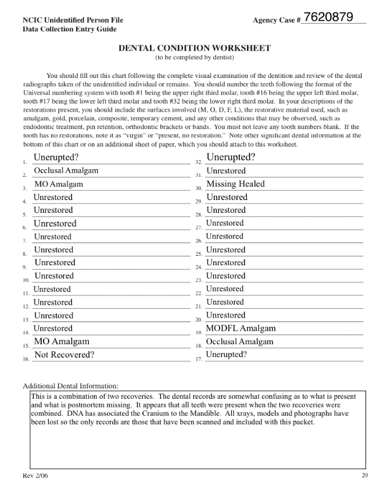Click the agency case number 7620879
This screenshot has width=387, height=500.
328,17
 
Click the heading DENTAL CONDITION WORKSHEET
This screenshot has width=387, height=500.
194,48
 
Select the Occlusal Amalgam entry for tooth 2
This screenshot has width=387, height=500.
66,171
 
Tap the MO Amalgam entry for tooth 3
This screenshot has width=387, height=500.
58,184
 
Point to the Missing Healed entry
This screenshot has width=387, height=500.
235,184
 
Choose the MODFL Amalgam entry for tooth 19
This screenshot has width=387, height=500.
241,328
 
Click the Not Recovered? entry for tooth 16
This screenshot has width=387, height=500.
64,355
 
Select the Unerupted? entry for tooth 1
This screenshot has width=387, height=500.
56,158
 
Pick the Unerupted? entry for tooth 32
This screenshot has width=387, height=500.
231,157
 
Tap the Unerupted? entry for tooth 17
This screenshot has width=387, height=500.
226,355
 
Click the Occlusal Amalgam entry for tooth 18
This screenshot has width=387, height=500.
239,342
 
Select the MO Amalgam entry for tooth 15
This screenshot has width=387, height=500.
62,342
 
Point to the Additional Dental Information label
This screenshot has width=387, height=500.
70,386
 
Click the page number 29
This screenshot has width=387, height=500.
364,476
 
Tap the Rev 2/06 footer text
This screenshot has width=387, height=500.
35,476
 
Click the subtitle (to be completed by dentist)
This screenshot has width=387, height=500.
194,58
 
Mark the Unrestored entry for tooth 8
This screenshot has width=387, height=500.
53,250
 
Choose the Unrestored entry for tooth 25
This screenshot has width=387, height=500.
225,250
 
